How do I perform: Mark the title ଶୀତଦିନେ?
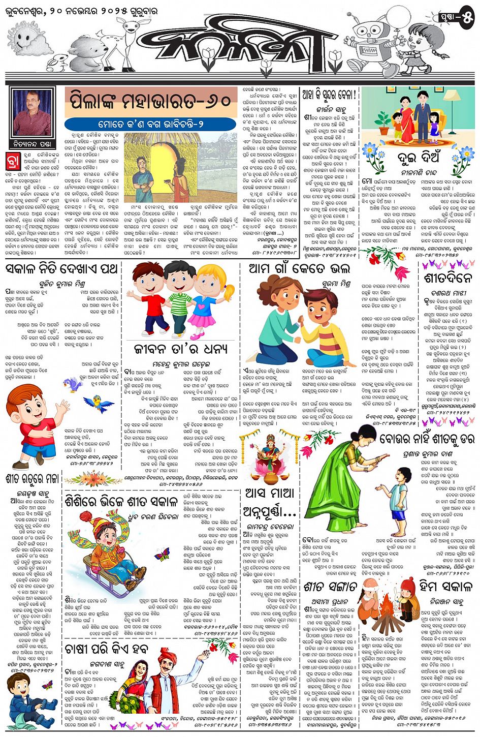[447, 278]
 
